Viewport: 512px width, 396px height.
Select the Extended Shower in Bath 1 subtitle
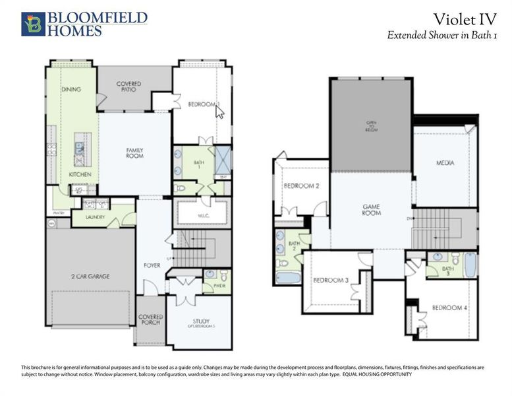pos(441,36)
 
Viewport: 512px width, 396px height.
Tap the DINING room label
pos(71,88)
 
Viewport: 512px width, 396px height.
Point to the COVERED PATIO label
pos(128,86)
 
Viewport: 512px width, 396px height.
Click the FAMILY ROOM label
pos(135,153)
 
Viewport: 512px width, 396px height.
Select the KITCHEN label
pos(80,174)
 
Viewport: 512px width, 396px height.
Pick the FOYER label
pos(152,266)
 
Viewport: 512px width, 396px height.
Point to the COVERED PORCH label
pos(150,320)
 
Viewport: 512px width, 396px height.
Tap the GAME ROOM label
pos(372,210)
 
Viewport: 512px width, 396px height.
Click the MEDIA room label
pos(445,162)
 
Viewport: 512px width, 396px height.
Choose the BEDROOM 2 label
pos(301,186)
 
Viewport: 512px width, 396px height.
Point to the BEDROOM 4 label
pos(450,308)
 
